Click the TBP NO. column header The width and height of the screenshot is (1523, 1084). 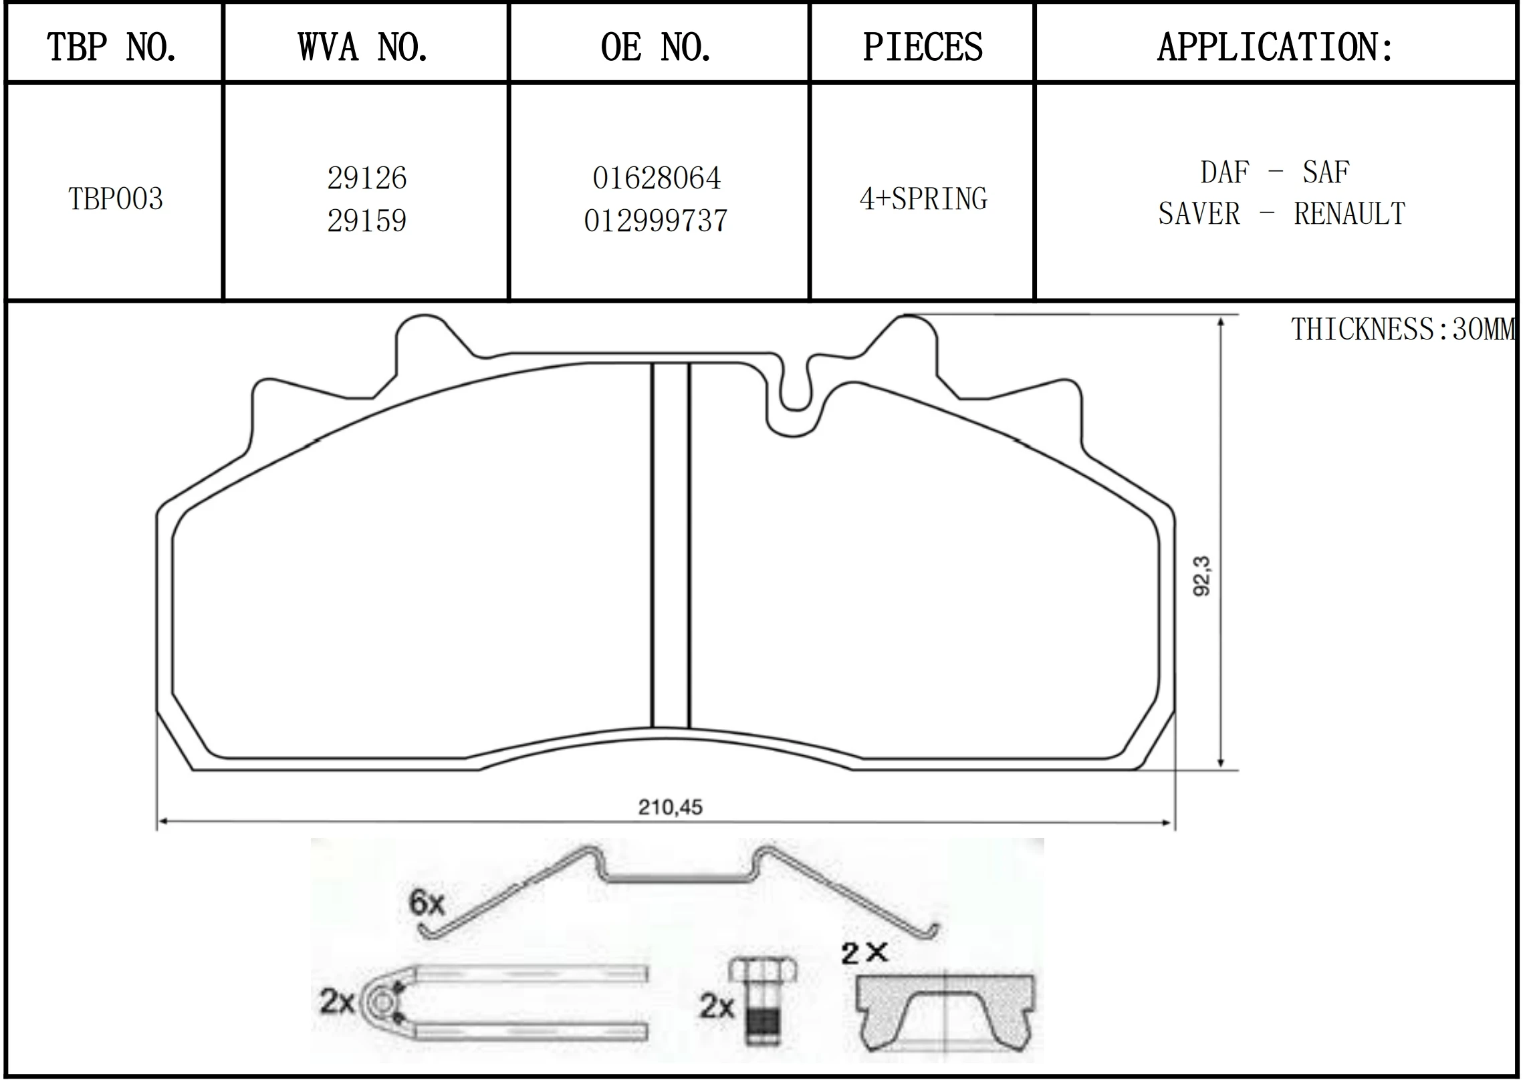pos(112,47)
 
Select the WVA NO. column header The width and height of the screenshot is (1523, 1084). pos(363,47)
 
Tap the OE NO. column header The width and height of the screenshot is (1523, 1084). pos(656,47)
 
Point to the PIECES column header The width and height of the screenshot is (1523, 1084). pos(923,47)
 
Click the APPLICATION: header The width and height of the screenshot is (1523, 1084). pos(1276,47)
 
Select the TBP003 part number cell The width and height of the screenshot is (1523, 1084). pos(116,199)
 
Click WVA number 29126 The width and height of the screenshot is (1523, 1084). pos(367,178)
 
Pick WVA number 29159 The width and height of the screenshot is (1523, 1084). pos(367,221)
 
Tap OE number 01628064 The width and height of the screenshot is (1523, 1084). pos(657,178)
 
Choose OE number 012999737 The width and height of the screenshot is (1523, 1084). pos(656,221)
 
